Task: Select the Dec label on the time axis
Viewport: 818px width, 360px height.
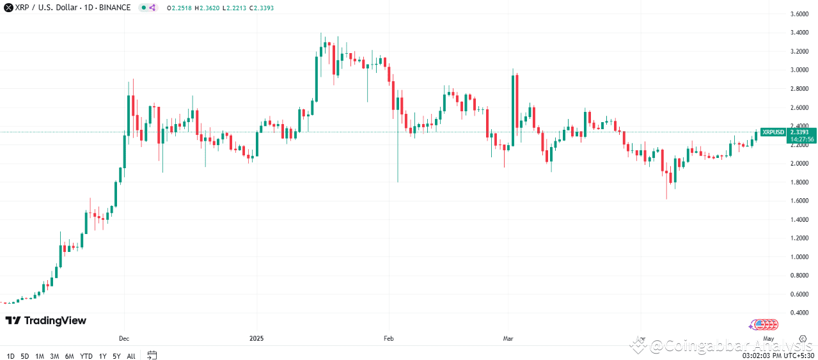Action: pyautogui.click(x=124, y=338)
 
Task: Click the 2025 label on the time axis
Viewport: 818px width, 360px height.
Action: pyautogui.click(x=256, y=338)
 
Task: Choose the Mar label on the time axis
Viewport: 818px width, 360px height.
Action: pyautogui.click(x=508, y=338)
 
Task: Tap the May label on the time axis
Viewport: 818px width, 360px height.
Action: pyautogui.click(x=769, y=338)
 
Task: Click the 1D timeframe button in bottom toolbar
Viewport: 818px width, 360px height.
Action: pyautogui.click(x=10, y=356)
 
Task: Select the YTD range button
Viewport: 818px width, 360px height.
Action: pyautogui.click(x=86, y=356)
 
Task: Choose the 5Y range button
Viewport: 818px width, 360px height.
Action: pyautogui.click(x=116, y=356)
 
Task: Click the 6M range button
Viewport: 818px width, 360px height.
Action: pyautogui.click(x=69, y=356)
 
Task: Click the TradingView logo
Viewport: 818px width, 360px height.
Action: pyautogui.click(x=45, y=320)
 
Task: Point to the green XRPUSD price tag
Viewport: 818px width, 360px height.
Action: pyautogui.click(x=773, y=132)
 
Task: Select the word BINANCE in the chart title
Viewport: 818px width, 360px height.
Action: pyautogui.click(x=116, y=8)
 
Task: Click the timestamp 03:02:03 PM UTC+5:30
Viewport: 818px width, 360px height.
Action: pyautogui.click(x=778, y=356)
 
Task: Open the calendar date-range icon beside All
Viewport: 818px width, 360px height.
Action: pyautogui.click(x=152, y=355)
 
